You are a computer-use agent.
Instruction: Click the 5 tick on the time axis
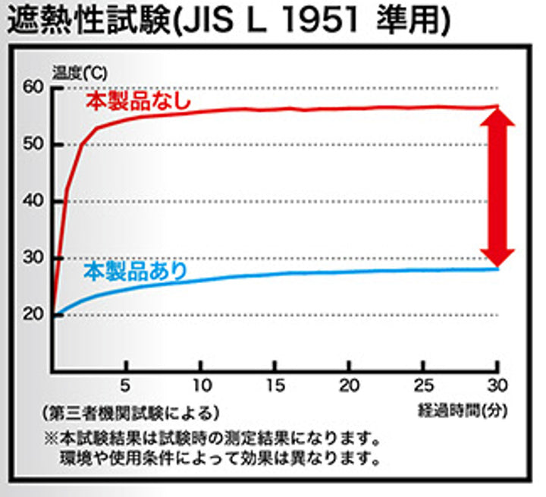126,384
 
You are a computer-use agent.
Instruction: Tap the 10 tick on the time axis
200,384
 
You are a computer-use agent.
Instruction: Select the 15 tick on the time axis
275,384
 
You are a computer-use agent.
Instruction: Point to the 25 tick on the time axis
423,384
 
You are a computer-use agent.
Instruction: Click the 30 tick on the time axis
497,384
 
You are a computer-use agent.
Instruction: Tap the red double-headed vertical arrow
497,187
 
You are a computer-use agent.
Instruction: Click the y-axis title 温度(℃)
80,74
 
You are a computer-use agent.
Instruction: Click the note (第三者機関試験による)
131,413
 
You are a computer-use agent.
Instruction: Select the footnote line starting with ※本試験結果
211,439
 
